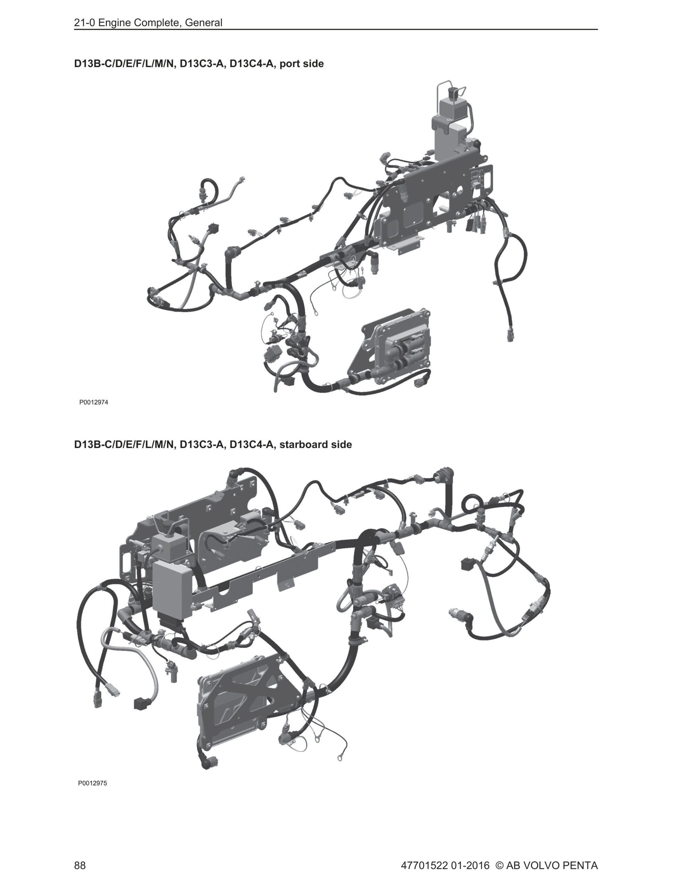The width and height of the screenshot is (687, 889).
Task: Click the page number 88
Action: pyautogui.click(x=80, y=865)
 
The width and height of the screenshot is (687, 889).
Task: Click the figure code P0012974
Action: pyautogui.click(x=94, y=402)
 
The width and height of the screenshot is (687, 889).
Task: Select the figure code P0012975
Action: pyautogui.click(x=92, y=783)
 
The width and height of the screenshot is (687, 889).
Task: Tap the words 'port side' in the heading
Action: pyautogui.click(x=302, y=64)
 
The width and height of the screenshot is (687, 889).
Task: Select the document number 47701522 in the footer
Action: pyautogui.click(x=424, y=865)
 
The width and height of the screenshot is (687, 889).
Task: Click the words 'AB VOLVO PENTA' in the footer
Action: pyautogui.click(x=552, y=865)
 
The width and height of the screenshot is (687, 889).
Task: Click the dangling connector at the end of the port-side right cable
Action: pyautogui.click(x=511, y=336)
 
